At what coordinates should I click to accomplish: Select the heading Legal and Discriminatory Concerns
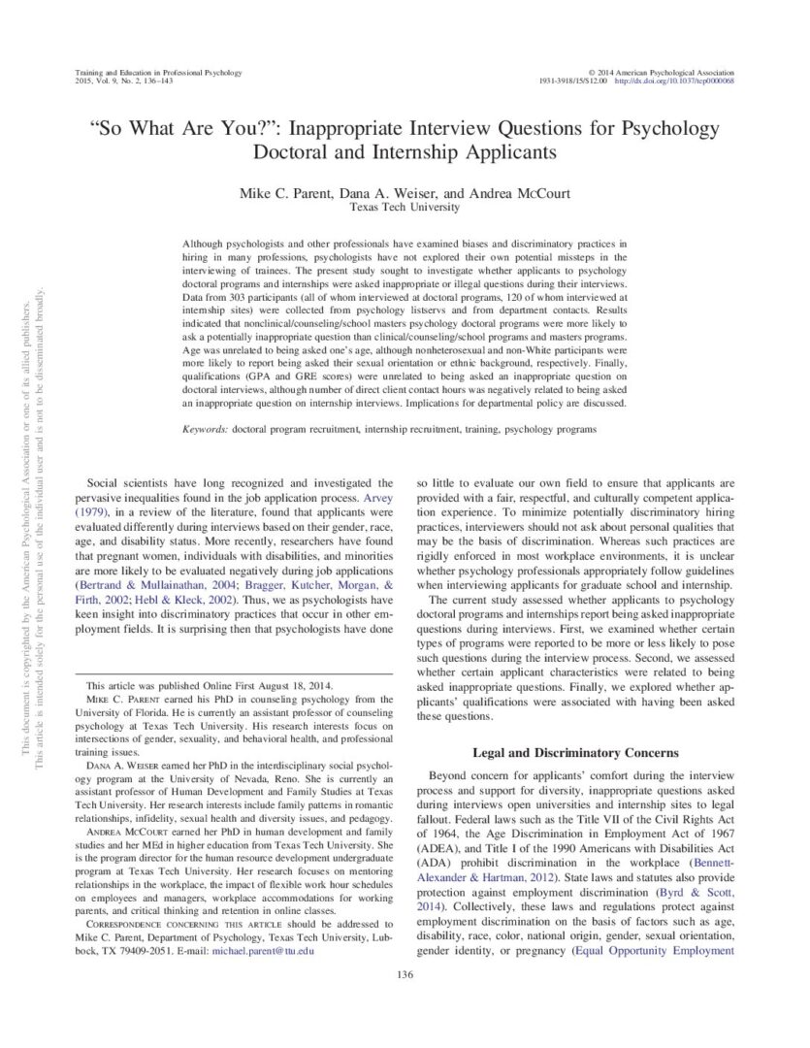tap(575, 752)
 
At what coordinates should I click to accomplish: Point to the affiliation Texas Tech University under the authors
tap(405, 207)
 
